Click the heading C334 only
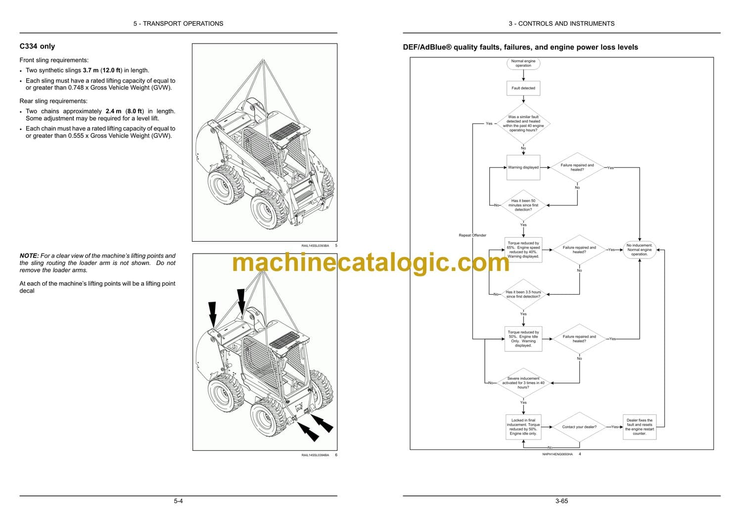(x=37, y=46)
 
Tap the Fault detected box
(x=523, y=88)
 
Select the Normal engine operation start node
(x=523, y=63)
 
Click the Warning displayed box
(x=523, y=168)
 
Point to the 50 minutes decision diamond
(x=523, y=205)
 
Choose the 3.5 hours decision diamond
(x=523, y=294)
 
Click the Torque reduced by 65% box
(x=523, y=250)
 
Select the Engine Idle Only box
(x=523, y=339)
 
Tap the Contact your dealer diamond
(x=579, y=427)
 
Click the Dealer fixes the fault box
(x=639, y=427)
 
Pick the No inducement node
(x=639, y=250)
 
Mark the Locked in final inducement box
(x=523, y=427)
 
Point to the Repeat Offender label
(x=472, y=235)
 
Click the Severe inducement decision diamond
(x=523, y=383)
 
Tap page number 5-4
(x=178, y=501)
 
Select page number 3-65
(x=561, y=501)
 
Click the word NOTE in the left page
(x=29, y=256)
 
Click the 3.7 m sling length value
(x=91, y=70)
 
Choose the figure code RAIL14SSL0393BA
(x=315, y=246)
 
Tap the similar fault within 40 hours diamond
(x=523, y=124)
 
